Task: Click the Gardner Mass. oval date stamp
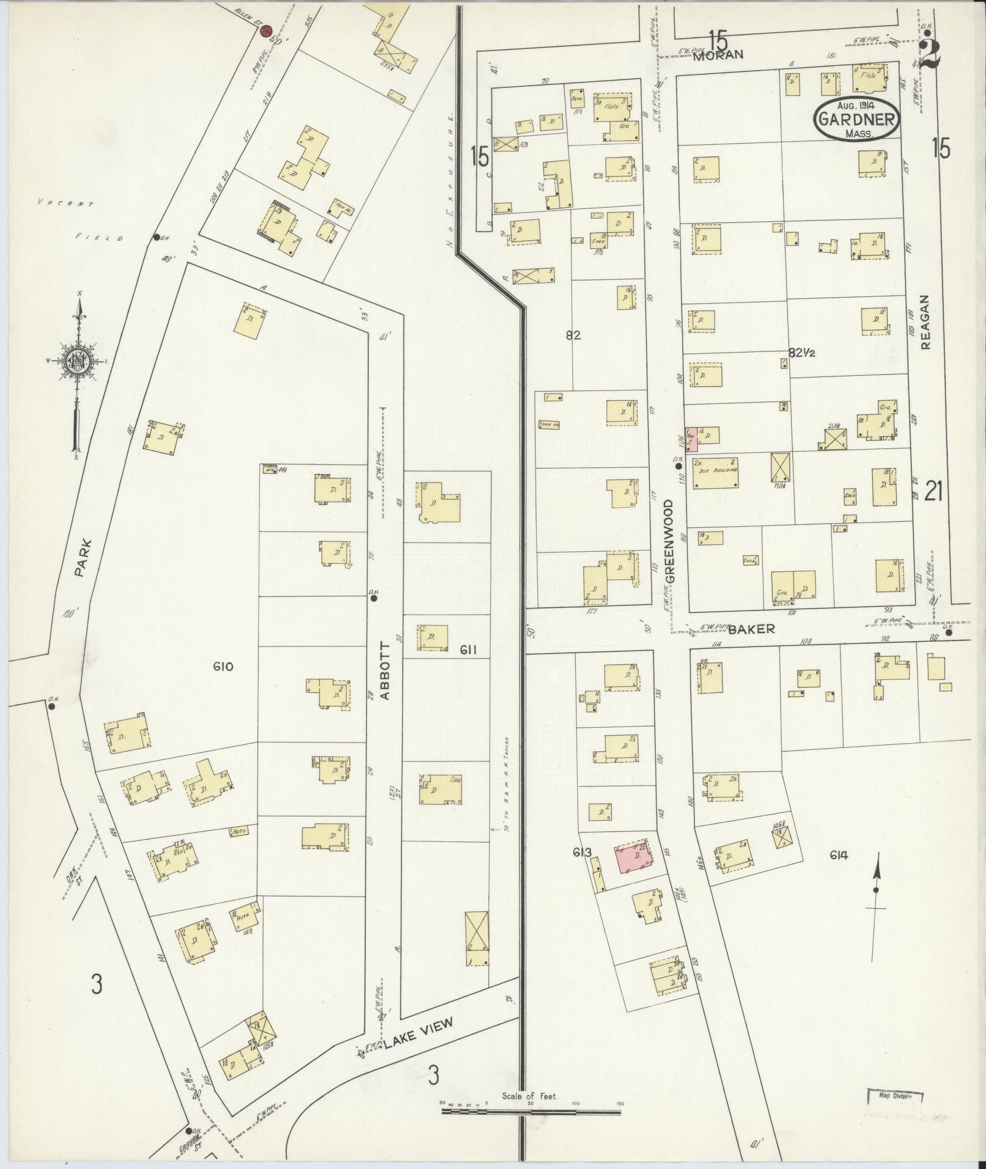point(857,120)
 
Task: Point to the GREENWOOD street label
point(669,541)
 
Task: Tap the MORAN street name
point(718,54)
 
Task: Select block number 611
point(469,650)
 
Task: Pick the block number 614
point(839,856)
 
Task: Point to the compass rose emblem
point(78,362)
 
